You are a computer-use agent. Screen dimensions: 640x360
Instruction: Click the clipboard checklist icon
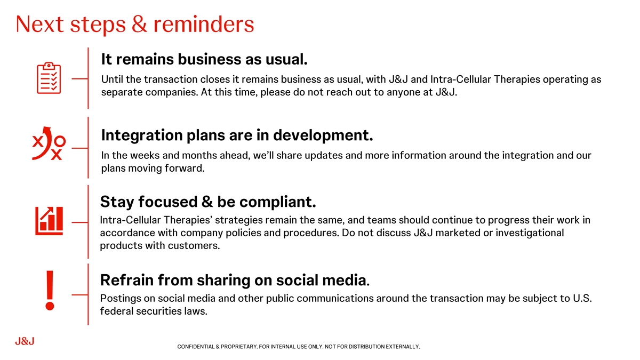coord(49,78)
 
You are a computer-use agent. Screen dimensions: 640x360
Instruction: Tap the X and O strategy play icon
coord(49,143)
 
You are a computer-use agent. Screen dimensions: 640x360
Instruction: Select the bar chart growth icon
coord(49,221)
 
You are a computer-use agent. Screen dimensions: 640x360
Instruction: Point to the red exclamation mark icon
coord(50,290)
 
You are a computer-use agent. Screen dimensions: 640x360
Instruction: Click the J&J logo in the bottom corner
coord(25,341)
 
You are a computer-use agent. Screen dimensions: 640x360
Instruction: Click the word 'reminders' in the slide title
coord(204,24)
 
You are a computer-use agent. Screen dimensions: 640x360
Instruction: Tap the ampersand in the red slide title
coord(139,24)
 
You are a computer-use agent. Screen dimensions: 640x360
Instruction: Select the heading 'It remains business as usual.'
coord(204,59)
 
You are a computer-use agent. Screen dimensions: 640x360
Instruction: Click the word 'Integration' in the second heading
coord(142,135)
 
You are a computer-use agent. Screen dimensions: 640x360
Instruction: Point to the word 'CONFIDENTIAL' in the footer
coord(196,347)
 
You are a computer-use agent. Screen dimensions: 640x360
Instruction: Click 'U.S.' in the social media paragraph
coord(582,298)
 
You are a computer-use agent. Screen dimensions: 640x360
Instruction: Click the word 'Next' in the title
coord(39,24)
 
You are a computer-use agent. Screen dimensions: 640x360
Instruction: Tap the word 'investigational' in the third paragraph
coord(530,233)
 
